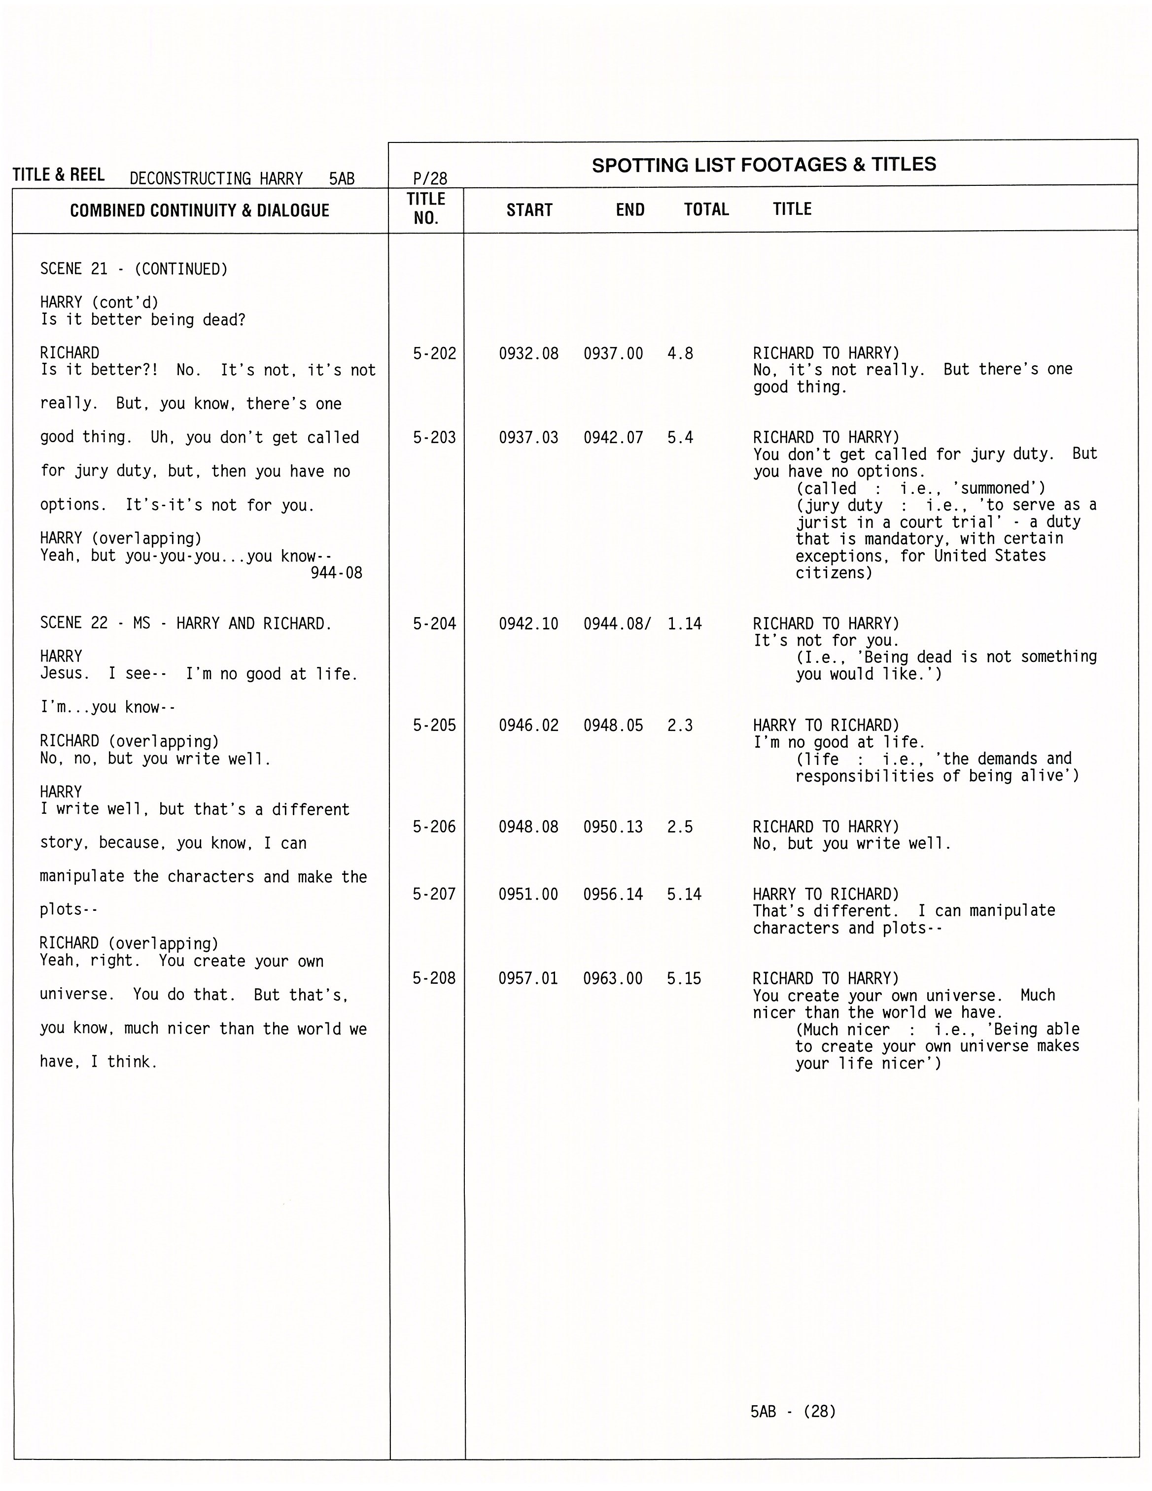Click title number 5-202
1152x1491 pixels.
coord(434,353)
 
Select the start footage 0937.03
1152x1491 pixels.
coord(528,438)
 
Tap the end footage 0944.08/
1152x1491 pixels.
coord(617,624)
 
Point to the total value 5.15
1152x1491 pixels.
coord(684,978)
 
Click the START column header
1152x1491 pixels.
coord(529,210)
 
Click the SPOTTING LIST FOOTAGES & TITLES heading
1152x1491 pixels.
coord(764,165)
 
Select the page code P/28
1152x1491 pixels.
coord(430,179)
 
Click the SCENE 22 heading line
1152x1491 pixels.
coord(186,624)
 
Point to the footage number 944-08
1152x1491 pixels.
coord(336,573)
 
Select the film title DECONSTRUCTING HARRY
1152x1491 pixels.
coord(216,179)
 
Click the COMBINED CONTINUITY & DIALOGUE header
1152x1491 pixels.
coord(200,210)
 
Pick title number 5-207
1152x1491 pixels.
coord(434,894)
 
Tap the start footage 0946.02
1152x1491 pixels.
coord(528,725)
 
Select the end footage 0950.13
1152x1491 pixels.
coord(613,827)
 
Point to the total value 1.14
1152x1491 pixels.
coord(684,624)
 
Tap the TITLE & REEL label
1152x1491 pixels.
coord(59,175)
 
